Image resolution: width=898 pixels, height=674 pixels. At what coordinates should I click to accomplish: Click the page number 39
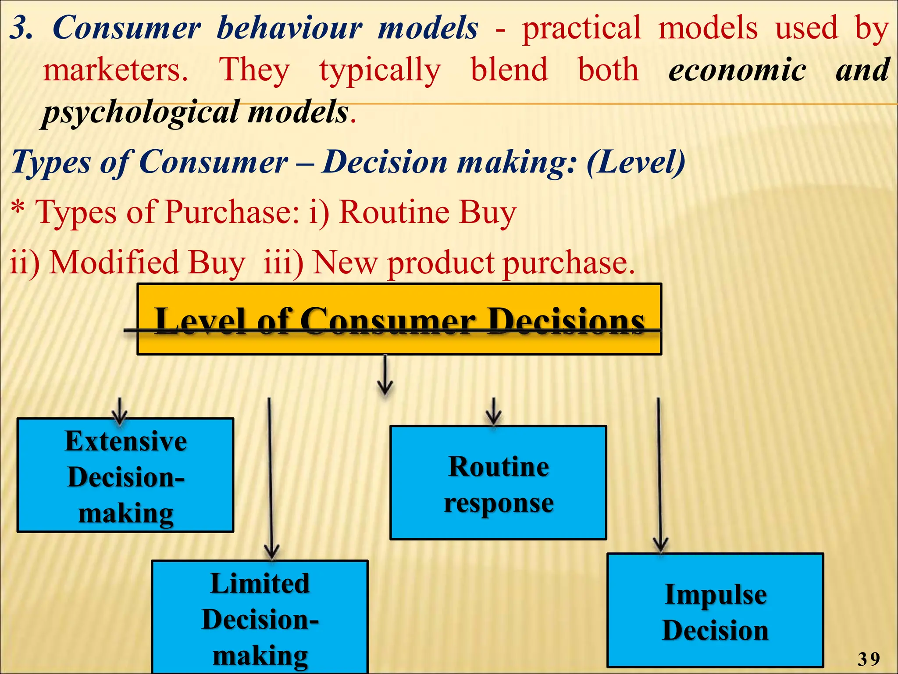[869, 659]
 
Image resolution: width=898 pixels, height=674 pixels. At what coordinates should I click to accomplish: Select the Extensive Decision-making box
[125, 476]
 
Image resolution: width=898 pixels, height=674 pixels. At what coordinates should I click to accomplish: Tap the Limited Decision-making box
[260, 618]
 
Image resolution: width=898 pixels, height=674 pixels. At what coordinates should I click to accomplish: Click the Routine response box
[498, 483]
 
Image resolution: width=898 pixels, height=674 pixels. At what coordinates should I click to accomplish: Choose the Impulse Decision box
[715, 611]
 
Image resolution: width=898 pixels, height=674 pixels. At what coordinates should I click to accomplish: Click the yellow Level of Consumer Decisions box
[399, 319]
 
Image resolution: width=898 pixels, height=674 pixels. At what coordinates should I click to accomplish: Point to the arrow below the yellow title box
[385, 376]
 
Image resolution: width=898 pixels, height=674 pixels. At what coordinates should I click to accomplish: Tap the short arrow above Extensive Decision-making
[119, 411]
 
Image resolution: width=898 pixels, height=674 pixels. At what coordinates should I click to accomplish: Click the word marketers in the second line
[115, 70]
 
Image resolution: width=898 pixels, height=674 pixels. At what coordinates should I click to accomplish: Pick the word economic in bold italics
[737, 70]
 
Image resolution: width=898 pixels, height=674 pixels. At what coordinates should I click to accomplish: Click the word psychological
[140, 112]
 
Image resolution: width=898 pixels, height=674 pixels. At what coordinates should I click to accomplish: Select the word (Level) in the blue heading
[636, 162]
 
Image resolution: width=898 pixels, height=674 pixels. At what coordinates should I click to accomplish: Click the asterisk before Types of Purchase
[18, 211]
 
